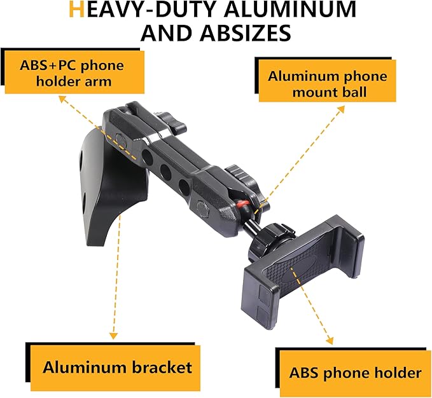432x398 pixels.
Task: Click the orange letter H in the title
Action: pos(76,10)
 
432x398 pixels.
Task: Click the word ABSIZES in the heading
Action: pos(246,33)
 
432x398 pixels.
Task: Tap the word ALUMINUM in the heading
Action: pos(290,10)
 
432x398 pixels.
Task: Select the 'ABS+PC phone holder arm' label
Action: pos(74,72)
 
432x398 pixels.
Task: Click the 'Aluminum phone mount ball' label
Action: pos(327,81)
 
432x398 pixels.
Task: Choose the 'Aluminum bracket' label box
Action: pos(115,368)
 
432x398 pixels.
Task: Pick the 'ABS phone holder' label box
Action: pos(355,373)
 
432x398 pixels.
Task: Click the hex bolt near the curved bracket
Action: pos(120,139)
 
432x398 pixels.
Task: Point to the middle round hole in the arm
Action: pos(165,172)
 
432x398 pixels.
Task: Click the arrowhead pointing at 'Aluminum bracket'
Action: pos(113,336)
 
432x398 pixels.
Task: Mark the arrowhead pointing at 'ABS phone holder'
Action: pos(330,341)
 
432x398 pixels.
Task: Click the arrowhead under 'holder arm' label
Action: pos(63,99)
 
